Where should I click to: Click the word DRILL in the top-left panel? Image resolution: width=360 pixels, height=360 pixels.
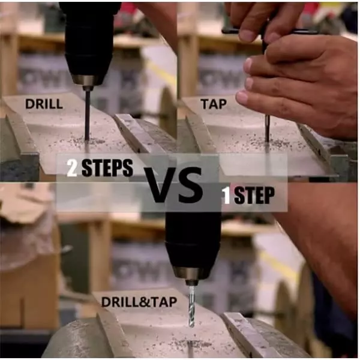pos(44,104)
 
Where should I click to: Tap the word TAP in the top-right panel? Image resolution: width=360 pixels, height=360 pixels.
pos(214,104)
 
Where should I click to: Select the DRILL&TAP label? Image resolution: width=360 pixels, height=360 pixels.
pos(139,302)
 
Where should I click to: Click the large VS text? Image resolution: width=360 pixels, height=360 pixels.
pos(173,185)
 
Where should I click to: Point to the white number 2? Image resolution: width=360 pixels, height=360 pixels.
pos(72,168)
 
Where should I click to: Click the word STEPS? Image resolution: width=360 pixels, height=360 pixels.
pos(107,168)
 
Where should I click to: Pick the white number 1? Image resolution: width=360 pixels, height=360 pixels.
pos(227,196)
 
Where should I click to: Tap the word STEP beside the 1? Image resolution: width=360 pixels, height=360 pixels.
pos(254,196)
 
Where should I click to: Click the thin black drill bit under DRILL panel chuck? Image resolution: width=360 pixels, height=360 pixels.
pos(87,115)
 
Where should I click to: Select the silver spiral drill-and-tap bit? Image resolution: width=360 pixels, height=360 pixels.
pos(191,306)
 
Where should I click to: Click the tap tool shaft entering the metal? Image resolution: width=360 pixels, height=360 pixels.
pos(267,128)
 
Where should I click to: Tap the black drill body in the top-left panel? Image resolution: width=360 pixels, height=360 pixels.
pos(88,39)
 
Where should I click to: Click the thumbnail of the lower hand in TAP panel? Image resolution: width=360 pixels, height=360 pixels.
pos(241,97)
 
